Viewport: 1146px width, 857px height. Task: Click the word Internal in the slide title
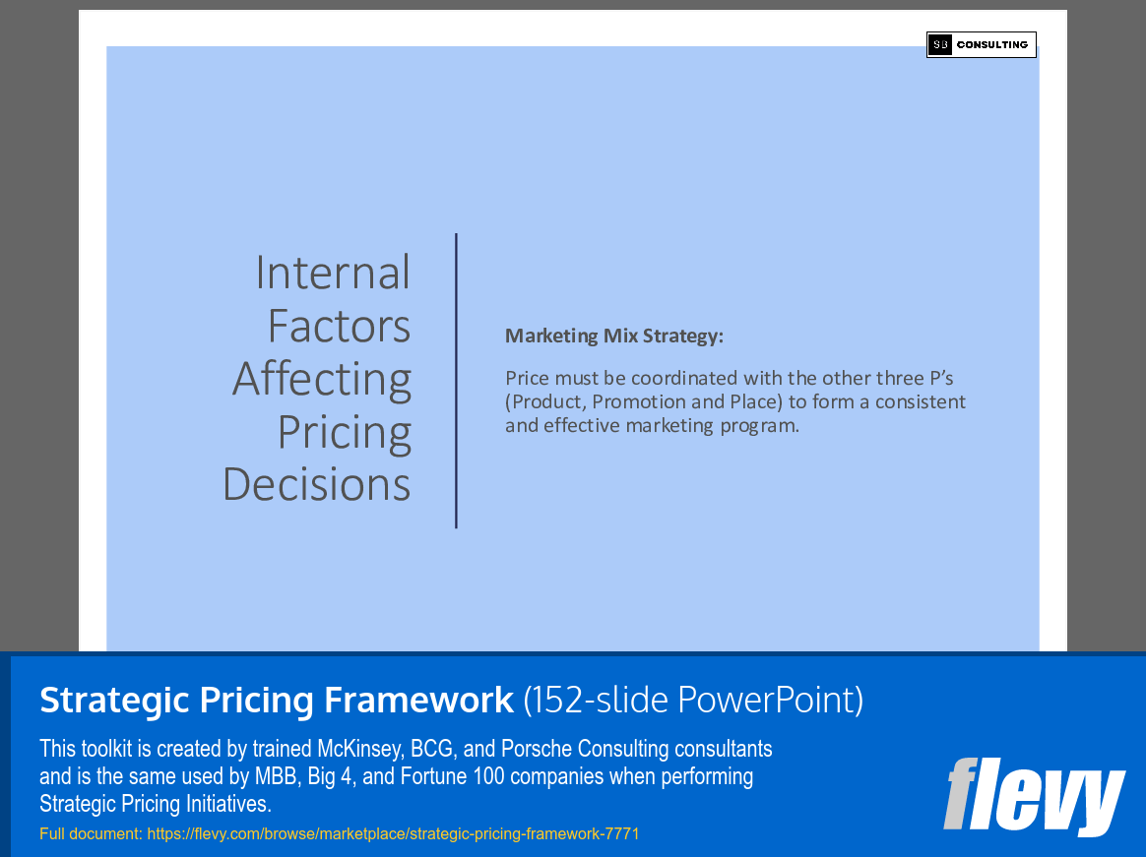(333, 273)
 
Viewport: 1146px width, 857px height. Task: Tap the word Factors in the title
(339, 326)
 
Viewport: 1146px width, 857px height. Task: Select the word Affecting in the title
(322, 379)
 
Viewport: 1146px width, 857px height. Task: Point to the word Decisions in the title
(316, 484)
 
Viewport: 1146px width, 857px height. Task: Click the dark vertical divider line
(457, 381)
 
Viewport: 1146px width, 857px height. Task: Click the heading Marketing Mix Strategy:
(613, 337)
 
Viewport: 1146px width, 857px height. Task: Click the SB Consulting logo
(981, 44)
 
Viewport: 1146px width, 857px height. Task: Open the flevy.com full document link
(393, 833)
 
